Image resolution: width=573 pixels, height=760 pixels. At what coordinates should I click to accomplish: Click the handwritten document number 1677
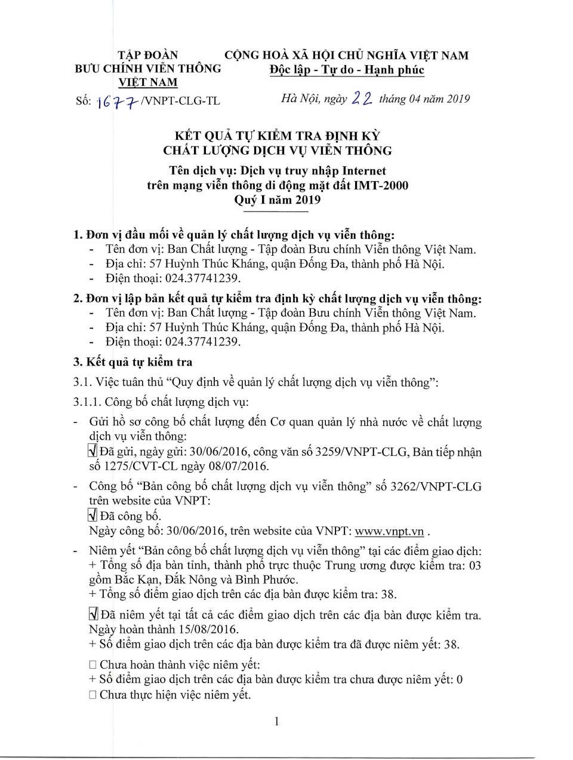pyautogui.click(x=118, y=102)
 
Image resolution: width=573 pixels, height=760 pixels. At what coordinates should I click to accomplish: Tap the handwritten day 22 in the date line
pyautogui.click(x=362, y=99)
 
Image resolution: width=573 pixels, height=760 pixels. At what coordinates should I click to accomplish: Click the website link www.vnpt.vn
pyautogui.click(x=389, y=531)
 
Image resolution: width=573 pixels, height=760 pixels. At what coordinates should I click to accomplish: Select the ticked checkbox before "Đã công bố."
pyautogui.click(x=93, y=515)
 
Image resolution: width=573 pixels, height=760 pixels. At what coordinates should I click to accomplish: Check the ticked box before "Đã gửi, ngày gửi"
pyautogui.click(x=93, y=451)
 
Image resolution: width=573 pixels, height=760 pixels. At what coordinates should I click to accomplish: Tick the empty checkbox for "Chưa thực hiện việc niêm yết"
pyautogui.click(x=93, y=695)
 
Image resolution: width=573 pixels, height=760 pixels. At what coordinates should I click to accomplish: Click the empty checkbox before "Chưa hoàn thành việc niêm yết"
pyautogui.click(x=93, y=664)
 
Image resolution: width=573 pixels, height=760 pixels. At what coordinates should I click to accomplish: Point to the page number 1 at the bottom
pyautogui.click(x=277, y=721)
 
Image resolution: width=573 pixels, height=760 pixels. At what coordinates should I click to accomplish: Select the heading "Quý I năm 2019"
pyautogui.click(x=277, y=200)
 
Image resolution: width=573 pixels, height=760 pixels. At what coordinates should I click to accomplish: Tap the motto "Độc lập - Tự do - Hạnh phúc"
pyautogui.click(x=347, y=70)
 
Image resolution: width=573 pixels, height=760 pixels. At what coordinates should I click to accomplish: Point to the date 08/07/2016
pyautogui.click(x=237, y=466)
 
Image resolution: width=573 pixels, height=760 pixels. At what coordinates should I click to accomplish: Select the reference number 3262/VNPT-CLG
pyautogui.click(x=436, y=486)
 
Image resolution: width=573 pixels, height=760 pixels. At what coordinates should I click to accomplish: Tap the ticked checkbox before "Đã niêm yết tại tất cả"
pyautogui.click(x=93, y=614)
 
